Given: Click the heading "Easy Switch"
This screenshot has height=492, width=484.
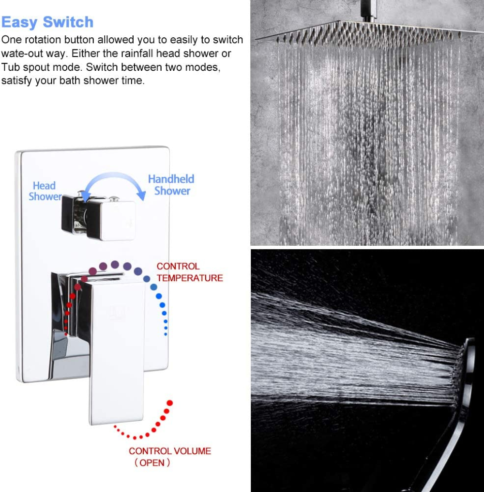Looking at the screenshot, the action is [47, 22].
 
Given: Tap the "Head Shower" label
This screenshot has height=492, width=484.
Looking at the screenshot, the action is [45, 191].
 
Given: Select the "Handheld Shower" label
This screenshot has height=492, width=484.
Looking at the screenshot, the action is [171, 185].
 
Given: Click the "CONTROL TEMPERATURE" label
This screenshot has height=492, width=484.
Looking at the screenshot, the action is [190, 272].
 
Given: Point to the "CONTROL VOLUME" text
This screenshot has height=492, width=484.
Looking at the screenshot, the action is [170, 451].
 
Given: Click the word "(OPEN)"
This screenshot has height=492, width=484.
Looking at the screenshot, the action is [152, 463].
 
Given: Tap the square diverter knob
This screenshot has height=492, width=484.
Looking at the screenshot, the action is [111, 220].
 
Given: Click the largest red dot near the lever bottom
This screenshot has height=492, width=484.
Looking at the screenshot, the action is [170, 403].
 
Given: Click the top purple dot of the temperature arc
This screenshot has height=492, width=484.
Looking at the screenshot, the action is [115, 264].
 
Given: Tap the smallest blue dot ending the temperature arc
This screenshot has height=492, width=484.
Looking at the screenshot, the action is [166, 335].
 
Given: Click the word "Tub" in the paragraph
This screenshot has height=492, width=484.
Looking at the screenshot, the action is [10, 67].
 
